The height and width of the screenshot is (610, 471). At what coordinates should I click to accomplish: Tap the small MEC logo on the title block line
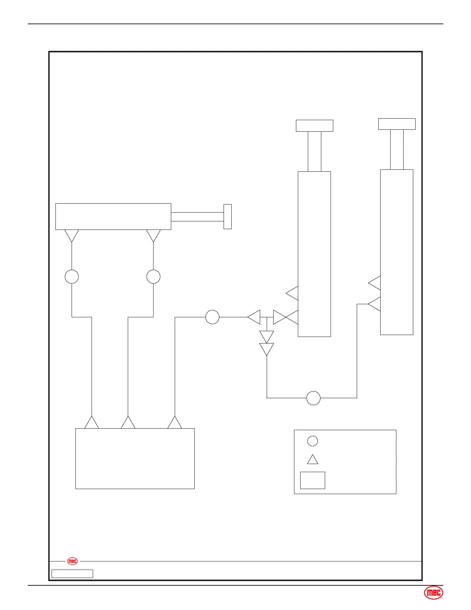(72, 561)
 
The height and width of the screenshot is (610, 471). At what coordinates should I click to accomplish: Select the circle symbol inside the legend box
(312, 441)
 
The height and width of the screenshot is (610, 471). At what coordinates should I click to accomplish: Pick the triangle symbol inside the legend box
(312, 460)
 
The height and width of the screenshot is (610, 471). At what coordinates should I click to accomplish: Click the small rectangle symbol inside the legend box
(312, 480)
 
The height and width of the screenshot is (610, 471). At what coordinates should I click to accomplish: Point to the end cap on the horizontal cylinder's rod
(227, 216)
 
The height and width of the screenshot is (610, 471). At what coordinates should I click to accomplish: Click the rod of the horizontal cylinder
(197, 216)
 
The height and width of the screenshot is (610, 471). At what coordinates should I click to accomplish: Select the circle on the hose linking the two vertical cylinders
(313, 398)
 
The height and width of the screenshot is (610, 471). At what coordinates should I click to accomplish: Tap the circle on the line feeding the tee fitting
(212, 317)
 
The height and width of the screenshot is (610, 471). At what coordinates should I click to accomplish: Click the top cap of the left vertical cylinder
(314, 126)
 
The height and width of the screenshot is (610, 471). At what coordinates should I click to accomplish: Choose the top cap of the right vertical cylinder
(397, 124)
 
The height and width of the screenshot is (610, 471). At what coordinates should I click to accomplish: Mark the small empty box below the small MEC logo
(72, 574)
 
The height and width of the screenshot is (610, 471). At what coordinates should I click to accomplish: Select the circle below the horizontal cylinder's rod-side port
(154, 277)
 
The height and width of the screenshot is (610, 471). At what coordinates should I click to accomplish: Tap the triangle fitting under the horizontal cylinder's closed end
(72, 235)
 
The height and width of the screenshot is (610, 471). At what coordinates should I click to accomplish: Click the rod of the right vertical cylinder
(397, 149)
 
